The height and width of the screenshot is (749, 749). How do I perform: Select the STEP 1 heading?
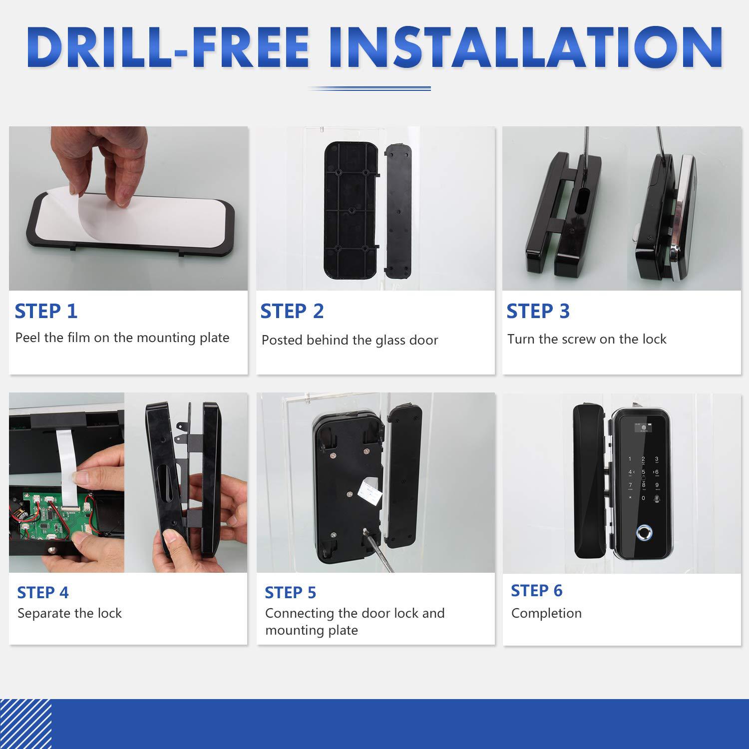[x=46, y=311]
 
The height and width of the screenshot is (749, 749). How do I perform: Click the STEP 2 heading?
[x=292, y=311]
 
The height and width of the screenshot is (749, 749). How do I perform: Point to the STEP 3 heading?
[x=538, y=311]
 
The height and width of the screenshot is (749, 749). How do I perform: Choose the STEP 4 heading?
[x=43, y=593]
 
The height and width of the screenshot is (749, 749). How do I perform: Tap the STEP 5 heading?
[x=291, y=593]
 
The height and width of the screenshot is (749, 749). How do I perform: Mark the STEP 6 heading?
[x=537, y=591]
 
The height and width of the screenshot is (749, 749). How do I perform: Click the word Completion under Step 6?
[x=547, y=613]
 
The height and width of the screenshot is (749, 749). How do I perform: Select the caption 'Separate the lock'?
[x=70, y=613]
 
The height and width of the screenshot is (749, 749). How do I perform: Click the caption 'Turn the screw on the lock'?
[x=587, y=339]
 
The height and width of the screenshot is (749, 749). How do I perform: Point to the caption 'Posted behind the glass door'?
[x=350, y=340]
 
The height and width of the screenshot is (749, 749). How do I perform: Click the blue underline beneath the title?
[x=370, y=88]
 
